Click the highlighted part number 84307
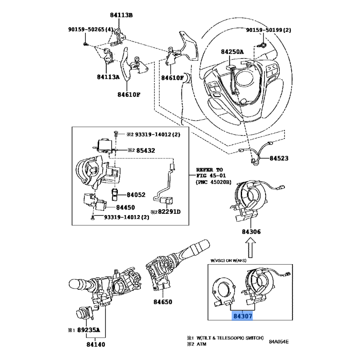coord(243,316)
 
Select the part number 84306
coord(252,232)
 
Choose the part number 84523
coord(279,159)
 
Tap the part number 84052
coord(136,195)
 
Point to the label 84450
coord(126,207)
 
